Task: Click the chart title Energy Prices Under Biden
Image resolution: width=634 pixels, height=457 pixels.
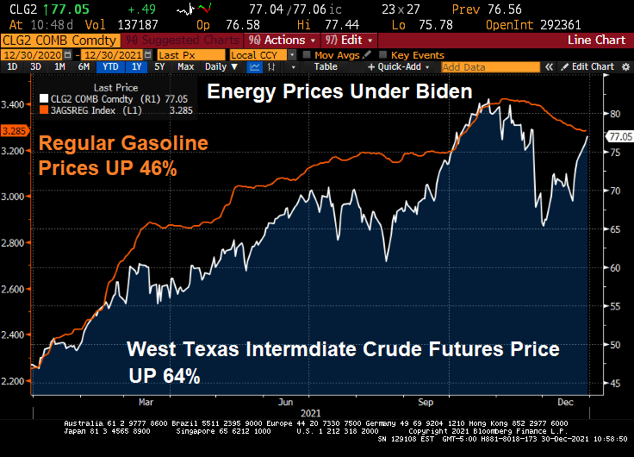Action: click(x=339, y=91)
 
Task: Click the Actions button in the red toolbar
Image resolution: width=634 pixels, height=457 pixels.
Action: click(x=280, y=41)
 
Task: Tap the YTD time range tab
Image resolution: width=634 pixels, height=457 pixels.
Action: click(x=109, y=66)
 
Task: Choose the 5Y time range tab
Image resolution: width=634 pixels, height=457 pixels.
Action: click(x=160, y=66)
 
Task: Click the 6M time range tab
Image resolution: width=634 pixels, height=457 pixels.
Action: click(x=84, y=66)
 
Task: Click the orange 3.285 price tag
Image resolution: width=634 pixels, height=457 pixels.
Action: click(x=15, y=131)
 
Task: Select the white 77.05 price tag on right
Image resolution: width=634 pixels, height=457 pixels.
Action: click(x=619, y=136)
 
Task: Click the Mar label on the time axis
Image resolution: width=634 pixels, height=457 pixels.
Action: click(x=146, y=401)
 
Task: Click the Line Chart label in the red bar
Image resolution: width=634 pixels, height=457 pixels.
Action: click(x=596, y=41)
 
